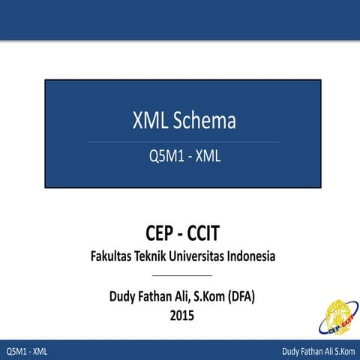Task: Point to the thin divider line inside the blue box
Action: click(x=182, y=141)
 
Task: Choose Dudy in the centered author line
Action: click(x=125, y=297)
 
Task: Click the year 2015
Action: click(x=182, y=316)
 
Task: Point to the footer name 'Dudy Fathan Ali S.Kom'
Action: click(x=318, y=352)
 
